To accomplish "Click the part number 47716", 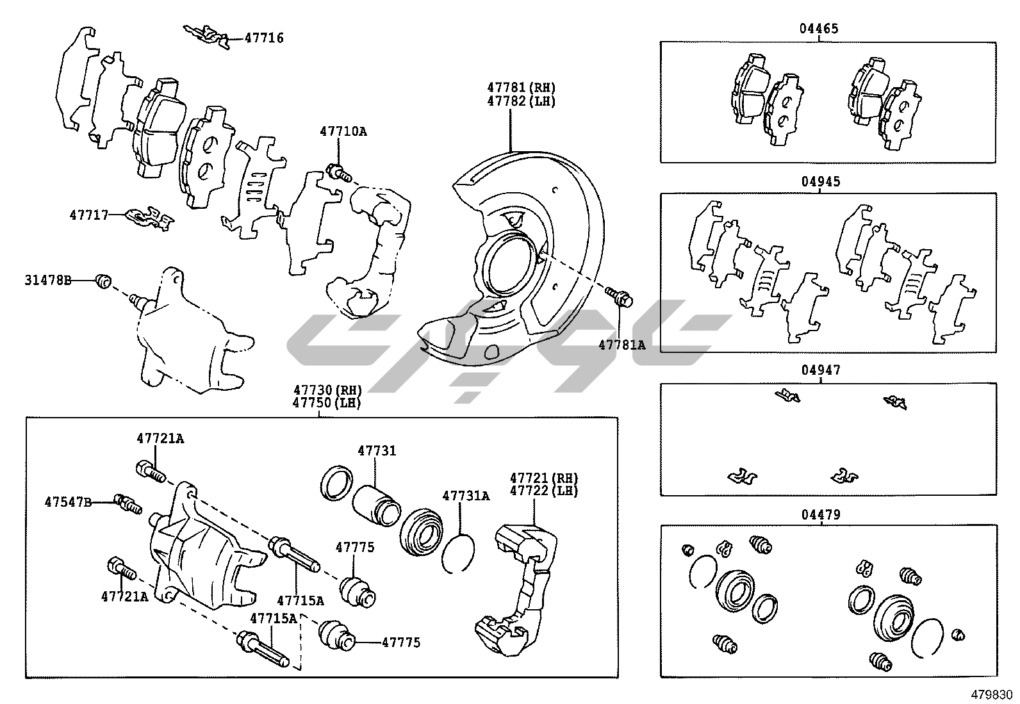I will point(264,38).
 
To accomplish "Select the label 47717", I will point(88,215).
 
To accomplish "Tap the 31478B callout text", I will point(48,280).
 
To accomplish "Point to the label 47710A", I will point(343,132).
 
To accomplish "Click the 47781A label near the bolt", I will point(621,345).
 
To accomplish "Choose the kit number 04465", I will point(819,29).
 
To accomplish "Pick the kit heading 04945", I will point(820,182).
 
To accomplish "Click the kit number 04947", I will point(820,370).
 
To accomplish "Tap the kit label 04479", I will point(820,514).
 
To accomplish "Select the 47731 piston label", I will point(377,451).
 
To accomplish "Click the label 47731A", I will point(466,496).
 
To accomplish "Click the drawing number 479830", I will point(991,694).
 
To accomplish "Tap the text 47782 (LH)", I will point(520,101).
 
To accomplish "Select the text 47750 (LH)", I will point(327,403).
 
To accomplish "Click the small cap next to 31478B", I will point(103,280).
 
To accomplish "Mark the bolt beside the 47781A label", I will point(619,297).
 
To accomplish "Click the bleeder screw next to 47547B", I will point(127,504).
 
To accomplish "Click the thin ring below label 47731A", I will point(458,552).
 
